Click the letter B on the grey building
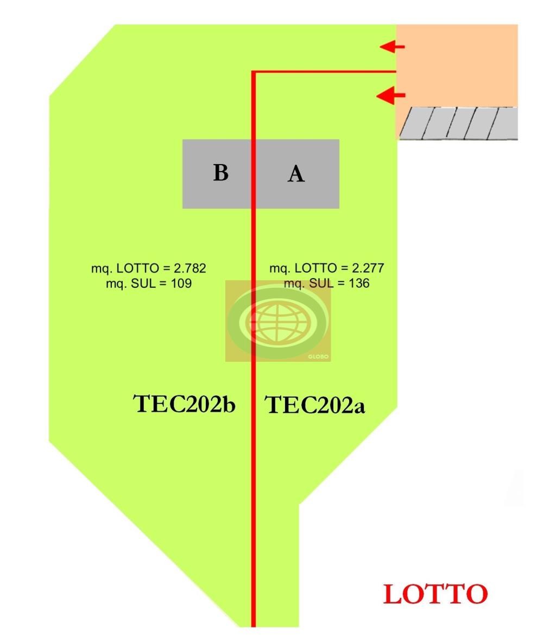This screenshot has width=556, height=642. pyautogui.click(x=220, y=173)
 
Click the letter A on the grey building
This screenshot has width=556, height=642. pyautogui.click(x=296, y=174)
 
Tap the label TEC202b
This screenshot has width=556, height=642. pyautogui.click(x=185, y=404)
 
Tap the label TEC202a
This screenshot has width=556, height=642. pyautogui.click(x=314, y=405)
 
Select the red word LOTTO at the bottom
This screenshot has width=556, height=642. pyautogui.click(x=435, y=594)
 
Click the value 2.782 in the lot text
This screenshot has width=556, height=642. pyautogui.click(x=189, y=268)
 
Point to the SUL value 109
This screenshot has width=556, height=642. pyautogui.click(x=181, y=284)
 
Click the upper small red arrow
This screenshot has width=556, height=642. pyautogui.click(x=392, y=47)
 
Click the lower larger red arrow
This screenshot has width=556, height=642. pyautogui.click(x=390, y=96)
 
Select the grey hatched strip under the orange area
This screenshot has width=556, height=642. pyautogui.click(x=459, y=123)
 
